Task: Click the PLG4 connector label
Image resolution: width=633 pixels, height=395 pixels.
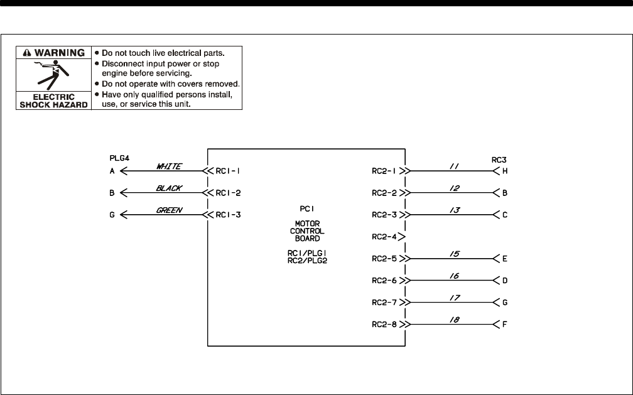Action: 119,159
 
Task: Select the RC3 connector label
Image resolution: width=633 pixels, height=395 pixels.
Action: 499,159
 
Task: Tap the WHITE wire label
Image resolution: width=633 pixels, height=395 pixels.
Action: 169,166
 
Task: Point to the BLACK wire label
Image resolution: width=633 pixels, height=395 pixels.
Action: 169,188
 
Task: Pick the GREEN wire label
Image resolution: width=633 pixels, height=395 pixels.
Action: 169,210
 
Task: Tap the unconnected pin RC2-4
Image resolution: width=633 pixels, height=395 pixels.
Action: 384,237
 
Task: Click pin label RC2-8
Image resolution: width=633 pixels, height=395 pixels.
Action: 384,325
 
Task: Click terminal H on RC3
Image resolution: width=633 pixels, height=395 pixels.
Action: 505,170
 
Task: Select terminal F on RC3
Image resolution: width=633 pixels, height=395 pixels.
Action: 505,325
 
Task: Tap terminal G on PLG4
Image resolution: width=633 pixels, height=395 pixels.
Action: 111,214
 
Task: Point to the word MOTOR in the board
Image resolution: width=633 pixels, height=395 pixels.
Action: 307,223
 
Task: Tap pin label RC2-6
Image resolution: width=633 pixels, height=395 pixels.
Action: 384,281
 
